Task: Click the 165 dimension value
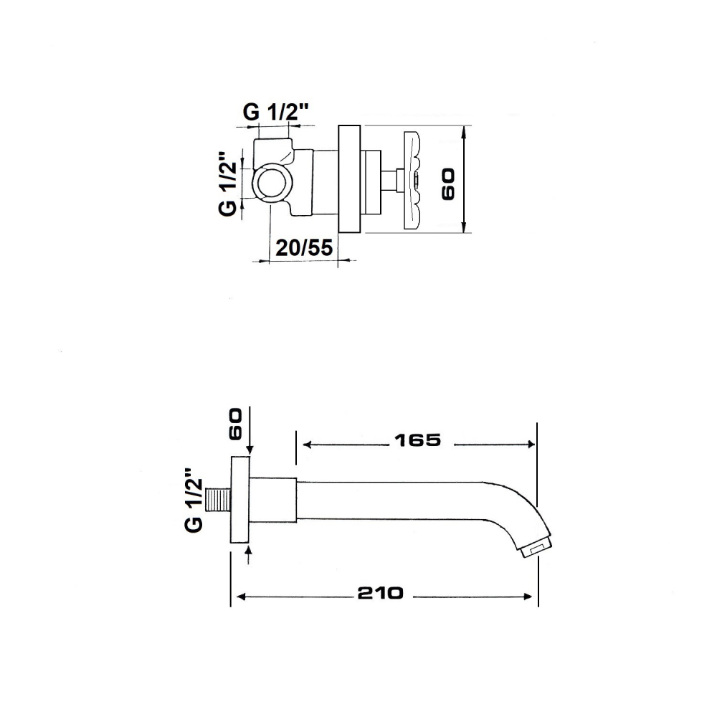[417, 440]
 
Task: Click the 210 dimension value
[381, 593]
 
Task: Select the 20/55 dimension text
[304, 248]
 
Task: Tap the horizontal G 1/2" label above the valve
[276, 112]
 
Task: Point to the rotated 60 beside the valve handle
[449, 184]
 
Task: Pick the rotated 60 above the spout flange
[235, 424]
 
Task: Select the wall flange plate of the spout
[240, 499]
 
